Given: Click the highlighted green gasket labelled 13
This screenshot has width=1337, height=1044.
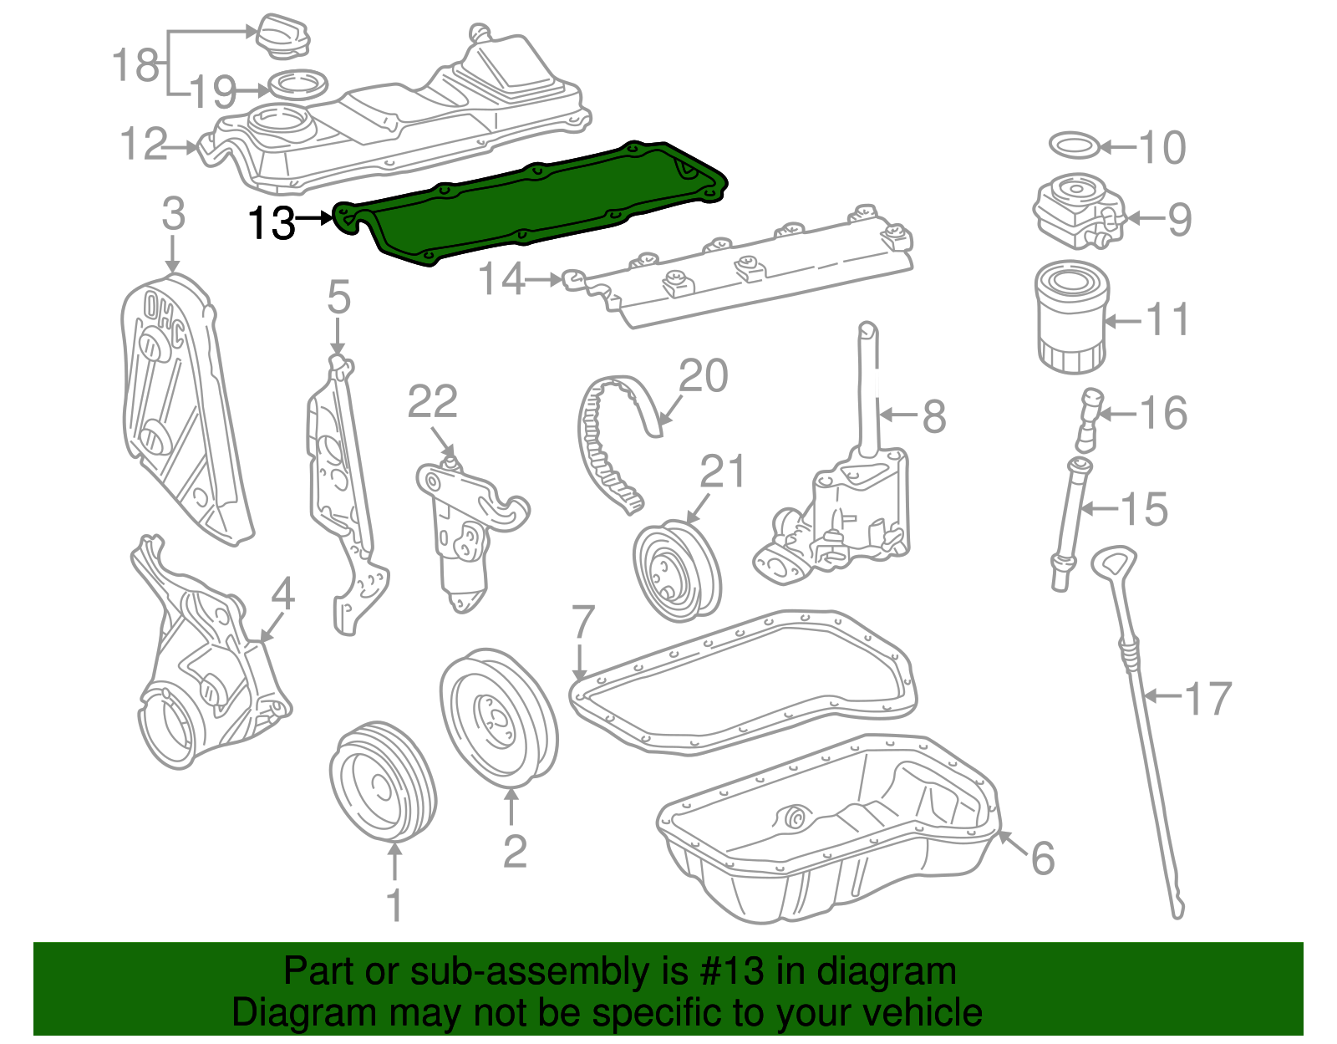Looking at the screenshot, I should (x=535, y=205).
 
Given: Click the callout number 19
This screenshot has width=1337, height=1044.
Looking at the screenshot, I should (x=214, y=91).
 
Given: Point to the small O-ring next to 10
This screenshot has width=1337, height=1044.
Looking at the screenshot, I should (x=1074, y=145).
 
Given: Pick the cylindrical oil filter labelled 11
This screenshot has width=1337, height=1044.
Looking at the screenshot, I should (x=1070, y=317).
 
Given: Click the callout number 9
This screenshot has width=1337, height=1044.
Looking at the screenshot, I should (x=1179, y=219).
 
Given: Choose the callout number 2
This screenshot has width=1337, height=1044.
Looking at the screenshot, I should (x=515, y=851).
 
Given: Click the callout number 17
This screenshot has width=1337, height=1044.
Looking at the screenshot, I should (x=1208, y=699).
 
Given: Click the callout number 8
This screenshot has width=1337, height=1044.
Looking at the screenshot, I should (x=934, y=415).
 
